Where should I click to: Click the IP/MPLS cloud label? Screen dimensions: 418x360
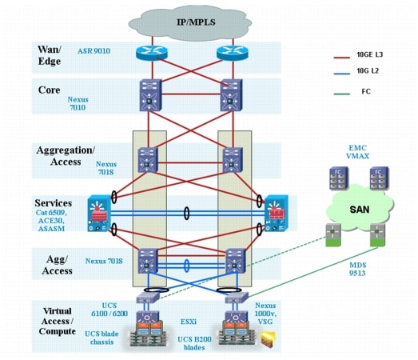click(196, 22)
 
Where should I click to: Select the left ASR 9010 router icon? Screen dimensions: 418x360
click(152, 52)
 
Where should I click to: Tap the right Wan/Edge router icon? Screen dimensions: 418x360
click(233, 52)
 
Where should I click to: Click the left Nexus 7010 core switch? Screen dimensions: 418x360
click(151, 94)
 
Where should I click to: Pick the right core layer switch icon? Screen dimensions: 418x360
click(232, 94)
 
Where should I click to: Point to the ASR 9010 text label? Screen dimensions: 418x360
click(94, 50)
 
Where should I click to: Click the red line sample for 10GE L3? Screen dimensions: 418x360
click(341, 58)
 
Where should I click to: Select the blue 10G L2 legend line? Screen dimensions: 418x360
click(341, 74)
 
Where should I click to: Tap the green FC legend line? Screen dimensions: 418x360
click(341, 94)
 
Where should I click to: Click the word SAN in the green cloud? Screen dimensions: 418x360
click(360, 210)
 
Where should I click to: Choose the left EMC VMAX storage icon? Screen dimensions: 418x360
click(339, 178)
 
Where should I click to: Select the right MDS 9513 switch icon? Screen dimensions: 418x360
click(377, 235)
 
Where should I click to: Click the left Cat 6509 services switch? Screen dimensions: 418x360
click(99, 214)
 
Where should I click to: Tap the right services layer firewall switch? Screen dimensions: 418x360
click(277, 214)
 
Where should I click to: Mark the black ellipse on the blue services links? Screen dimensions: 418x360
click(187, 214)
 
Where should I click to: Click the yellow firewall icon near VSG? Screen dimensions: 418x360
click(268, 339)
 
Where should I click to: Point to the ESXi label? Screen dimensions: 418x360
click(189, 322)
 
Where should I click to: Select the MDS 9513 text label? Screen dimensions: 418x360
click(358, 269)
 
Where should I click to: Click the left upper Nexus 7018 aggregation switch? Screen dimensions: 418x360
click(148, 160)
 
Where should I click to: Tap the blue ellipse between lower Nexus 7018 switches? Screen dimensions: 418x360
click(187, 266)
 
